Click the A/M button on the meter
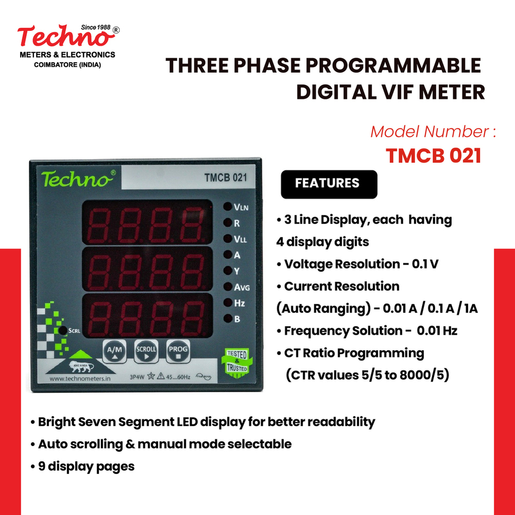[113, 351]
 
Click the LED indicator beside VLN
[227, 207]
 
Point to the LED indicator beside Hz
[227, 303]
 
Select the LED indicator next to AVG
[227, 287]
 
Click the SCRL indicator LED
[62, 330]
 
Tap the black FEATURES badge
[328, 184]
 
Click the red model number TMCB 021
[434, 156]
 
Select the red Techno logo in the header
[64, 38]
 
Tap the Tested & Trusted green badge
[236, 361]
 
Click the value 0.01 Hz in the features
[437, 331]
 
